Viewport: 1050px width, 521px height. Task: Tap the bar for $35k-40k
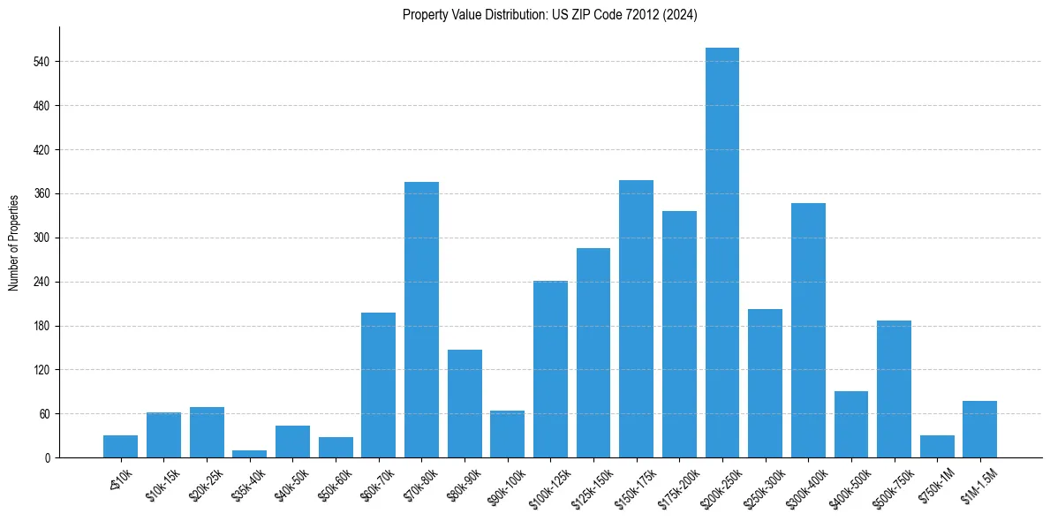pyautogui.click(x=249, y=454)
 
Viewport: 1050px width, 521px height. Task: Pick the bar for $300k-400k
pyautogui.click(x=808, y=330)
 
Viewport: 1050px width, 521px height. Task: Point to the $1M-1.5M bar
pyautogui.click(x=979, y=429)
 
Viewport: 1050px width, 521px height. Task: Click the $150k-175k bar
pyautogui.click(x=636, y=319)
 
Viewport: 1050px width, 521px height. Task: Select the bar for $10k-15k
pyautogui.click(x=163, y=434)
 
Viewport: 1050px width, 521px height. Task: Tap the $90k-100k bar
pyautogui.click(x=507, y=434)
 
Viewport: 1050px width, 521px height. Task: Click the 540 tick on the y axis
pyautogui.click(x=42, y=62)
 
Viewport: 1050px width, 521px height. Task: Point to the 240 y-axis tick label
pyautogui.click(x=42, y=282)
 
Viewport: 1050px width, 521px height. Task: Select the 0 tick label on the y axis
pyautogui.click(x=49, y=457)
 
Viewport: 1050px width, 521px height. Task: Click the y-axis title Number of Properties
pyautogui.click(x=14, y=242)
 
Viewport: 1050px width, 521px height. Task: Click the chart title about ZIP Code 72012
pyautogui.click(x=549, y=14)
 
